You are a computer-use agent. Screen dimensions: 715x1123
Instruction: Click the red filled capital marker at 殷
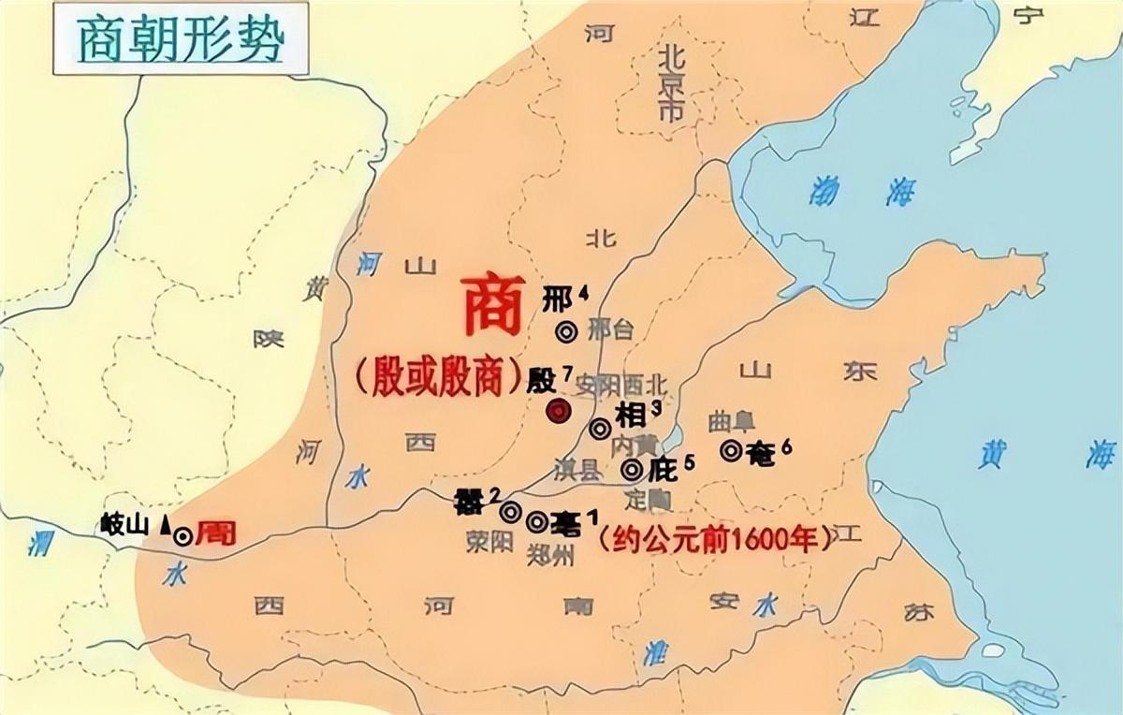coord(559,410)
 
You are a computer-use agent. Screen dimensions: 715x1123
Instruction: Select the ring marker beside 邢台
coord(565,331)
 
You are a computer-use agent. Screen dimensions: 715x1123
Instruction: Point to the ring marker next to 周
coord(183,535)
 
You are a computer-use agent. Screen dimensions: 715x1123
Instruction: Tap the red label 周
coord(216,534)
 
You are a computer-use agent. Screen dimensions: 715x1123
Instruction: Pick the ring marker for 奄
coord(732,450)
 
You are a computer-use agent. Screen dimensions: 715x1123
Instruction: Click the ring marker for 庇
coord(633,468)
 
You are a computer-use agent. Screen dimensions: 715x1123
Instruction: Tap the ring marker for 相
coord(601,428)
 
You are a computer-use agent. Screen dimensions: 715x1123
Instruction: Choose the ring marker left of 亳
coord(537,521)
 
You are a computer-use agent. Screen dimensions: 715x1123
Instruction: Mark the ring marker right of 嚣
coord(510,512)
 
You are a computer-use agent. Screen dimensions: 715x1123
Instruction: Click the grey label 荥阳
coord(489,542)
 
